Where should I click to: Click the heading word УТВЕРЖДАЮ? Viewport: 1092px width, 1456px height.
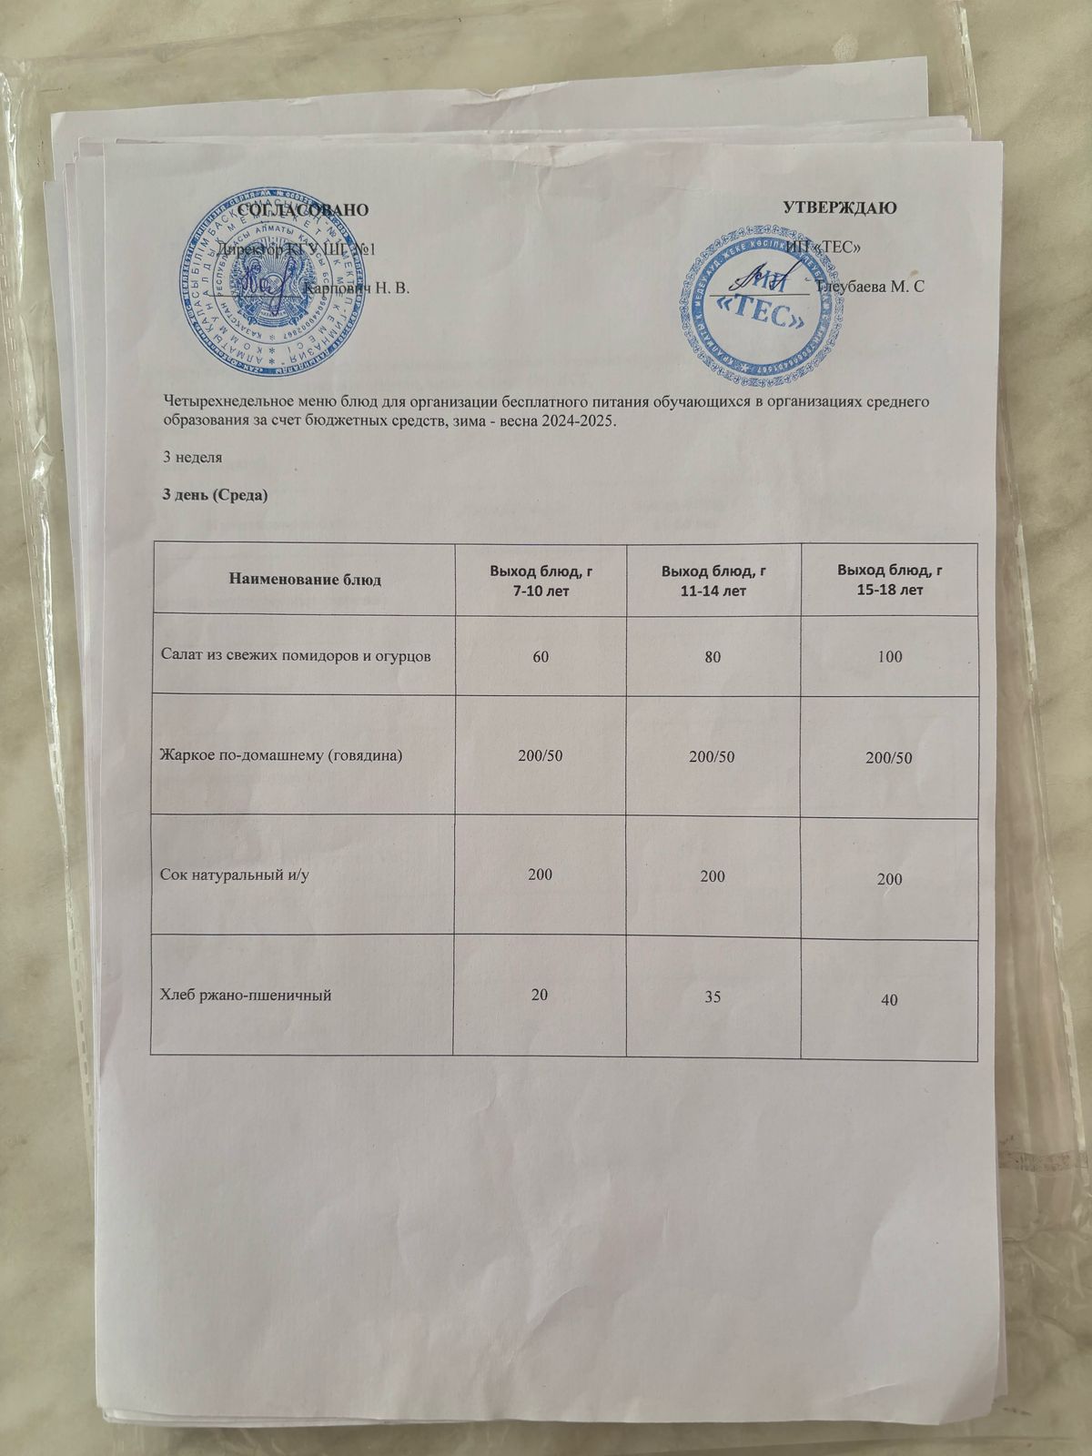(840, 207)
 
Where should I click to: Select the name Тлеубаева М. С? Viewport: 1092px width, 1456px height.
(871, 287)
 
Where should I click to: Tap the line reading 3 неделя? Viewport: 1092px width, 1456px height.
(192, 457)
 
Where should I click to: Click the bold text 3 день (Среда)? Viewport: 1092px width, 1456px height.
(215, 495)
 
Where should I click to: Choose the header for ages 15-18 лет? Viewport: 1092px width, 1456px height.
(889, 580)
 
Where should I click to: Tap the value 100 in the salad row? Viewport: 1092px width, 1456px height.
(890, 656)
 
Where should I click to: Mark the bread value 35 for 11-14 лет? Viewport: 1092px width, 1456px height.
(713, 996)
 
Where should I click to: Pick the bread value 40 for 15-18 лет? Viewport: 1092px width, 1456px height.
(889, 999)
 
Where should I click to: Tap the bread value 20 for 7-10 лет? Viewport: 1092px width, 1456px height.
(540, 994)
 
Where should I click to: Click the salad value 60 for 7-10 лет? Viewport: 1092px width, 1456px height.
(541, 655)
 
